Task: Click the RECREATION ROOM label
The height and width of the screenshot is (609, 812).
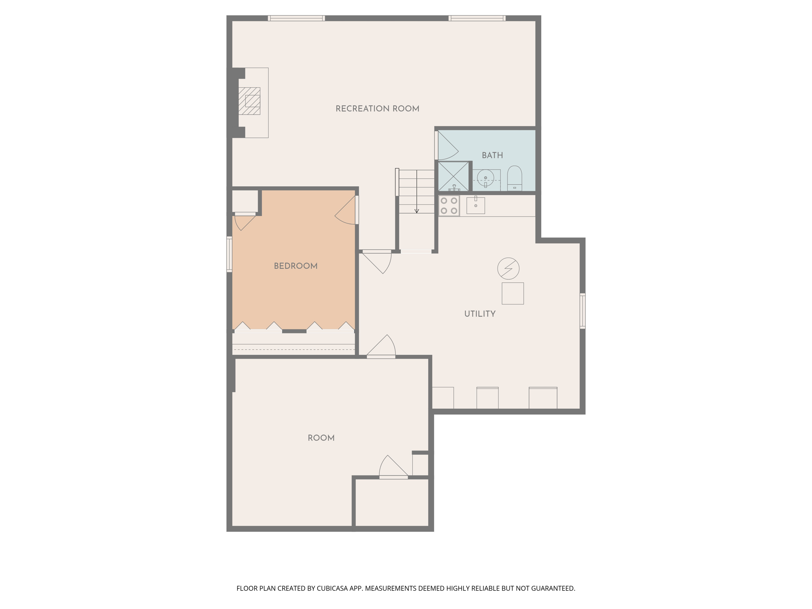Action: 377,109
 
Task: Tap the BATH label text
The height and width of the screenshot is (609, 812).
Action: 492,155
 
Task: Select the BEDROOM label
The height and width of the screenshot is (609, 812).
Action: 295,266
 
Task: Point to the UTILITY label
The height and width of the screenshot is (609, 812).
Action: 480,314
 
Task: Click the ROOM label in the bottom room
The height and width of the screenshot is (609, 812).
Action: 321,438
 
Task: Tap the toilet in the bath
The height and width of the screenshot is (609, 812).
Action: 515,179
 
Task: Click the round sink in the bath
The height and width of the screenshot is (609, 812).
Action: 485,178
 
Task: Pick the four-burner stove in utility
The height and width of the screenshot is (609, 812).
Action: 449,206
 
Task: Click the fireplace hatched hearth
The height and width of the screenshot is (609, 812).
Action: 249,101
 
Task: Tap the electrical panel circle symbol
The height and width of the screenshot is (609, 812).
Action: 508,268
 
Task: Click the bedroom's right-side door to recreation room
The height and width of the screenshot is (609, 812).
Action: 347,211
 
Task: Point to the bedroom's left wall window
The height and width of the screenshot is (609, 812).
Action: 229,254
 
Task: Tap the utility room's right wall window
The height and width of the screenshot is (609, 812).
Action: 582,311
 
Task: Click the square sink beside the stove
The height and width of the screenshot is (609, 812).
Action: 475,205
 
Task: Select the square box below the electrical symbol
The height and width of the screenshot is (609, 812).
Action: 513,293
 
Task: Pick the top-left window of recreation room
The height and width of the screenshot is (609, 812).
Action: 296,18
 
